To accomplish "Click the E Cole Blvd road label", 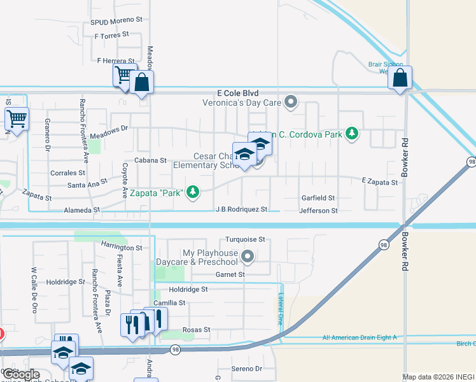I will [237, 92].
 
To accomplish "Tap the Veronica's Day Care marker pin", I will [291, 102].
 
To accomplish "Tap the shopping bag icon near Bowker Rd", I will [400, 79].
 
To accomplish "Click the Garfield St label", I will [318, 199].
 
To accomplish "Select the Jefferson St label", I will [318, 210].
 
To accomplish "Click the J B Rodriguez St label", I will [241, 209].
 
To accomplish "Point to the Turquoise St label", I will [245, 240].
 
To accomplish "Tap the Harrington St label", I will [122, 247].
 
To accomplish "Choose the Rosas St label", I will [196, 330].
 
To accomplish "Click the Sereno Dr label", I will [247, 369].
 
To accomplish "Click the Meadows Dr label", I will [109, 128].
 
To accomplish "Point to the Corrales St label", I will [67, 173].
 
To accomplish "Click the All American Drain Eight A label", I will [360, 337].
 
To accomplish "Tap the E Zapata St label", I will [380, 182].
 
